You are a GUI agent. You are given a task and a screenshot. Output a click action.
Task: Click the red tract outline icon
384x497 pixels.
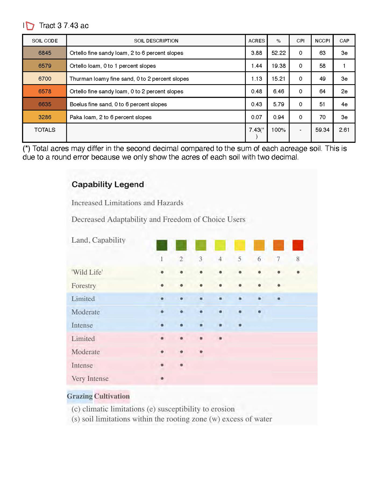point(30,26)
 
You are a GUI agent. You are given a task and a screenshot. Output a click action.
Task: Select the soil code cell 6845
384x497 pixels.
point(45,53)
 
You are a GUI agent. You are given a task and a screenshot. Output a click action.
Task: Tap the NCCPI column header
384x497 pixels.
point(322,41)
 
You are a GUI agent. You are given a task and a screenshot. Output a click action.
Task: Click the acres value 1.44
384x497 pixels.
point(257,66)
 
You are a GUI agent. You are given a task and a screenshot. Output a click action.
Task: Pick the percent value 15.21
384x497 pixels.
point(279,79)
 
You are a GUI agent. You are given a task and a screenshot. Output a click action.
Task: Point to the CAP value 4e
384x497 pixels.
point(344,104)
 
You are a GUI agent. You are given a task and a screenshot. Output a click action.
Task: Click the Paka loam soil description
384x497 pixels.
point(111,117)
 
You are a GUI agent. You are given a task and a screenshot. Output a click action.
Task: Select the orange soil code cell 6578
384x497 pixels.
point(45,91)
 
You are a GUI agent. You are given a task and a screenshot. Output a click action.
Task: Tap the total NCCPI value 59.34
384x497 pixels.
point(322,130)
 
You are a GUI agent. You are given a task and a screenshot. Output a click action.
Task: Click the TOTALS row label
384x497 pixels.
point(45,130)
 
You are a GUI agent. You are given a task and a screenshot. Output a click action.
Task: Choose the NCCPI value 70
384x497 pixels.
point(322,117)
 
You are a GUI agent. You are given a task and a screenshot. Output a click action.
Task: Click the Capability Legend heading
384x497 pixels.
point(108,184)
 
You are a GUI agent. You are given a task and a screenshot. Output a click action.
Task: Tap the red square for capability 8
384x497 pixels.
point(298,245)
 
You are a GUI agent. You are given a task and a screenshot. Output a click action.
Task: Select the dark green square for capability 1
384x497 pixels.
point(162,245)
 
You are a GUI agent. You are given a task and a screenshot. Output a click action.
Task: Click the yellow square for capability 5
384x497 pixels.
point(240,245)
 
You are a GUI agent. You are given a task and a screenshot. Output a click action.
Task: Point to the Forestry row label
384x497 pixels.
point(84,285)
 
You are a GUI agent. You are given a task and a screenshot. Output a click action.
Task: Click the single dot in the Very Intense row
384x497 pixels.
point(162,378)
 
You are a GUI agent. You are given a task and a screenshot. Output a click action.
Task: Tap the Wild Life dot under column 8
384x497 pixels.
point(298,272)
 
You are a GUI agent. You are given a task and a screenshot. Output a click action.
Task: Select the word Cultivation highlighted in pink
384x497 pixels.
point(112,396)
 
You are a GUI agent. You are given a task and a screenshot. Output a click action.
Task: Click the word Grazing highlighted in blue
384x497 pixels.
point(80,396)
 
